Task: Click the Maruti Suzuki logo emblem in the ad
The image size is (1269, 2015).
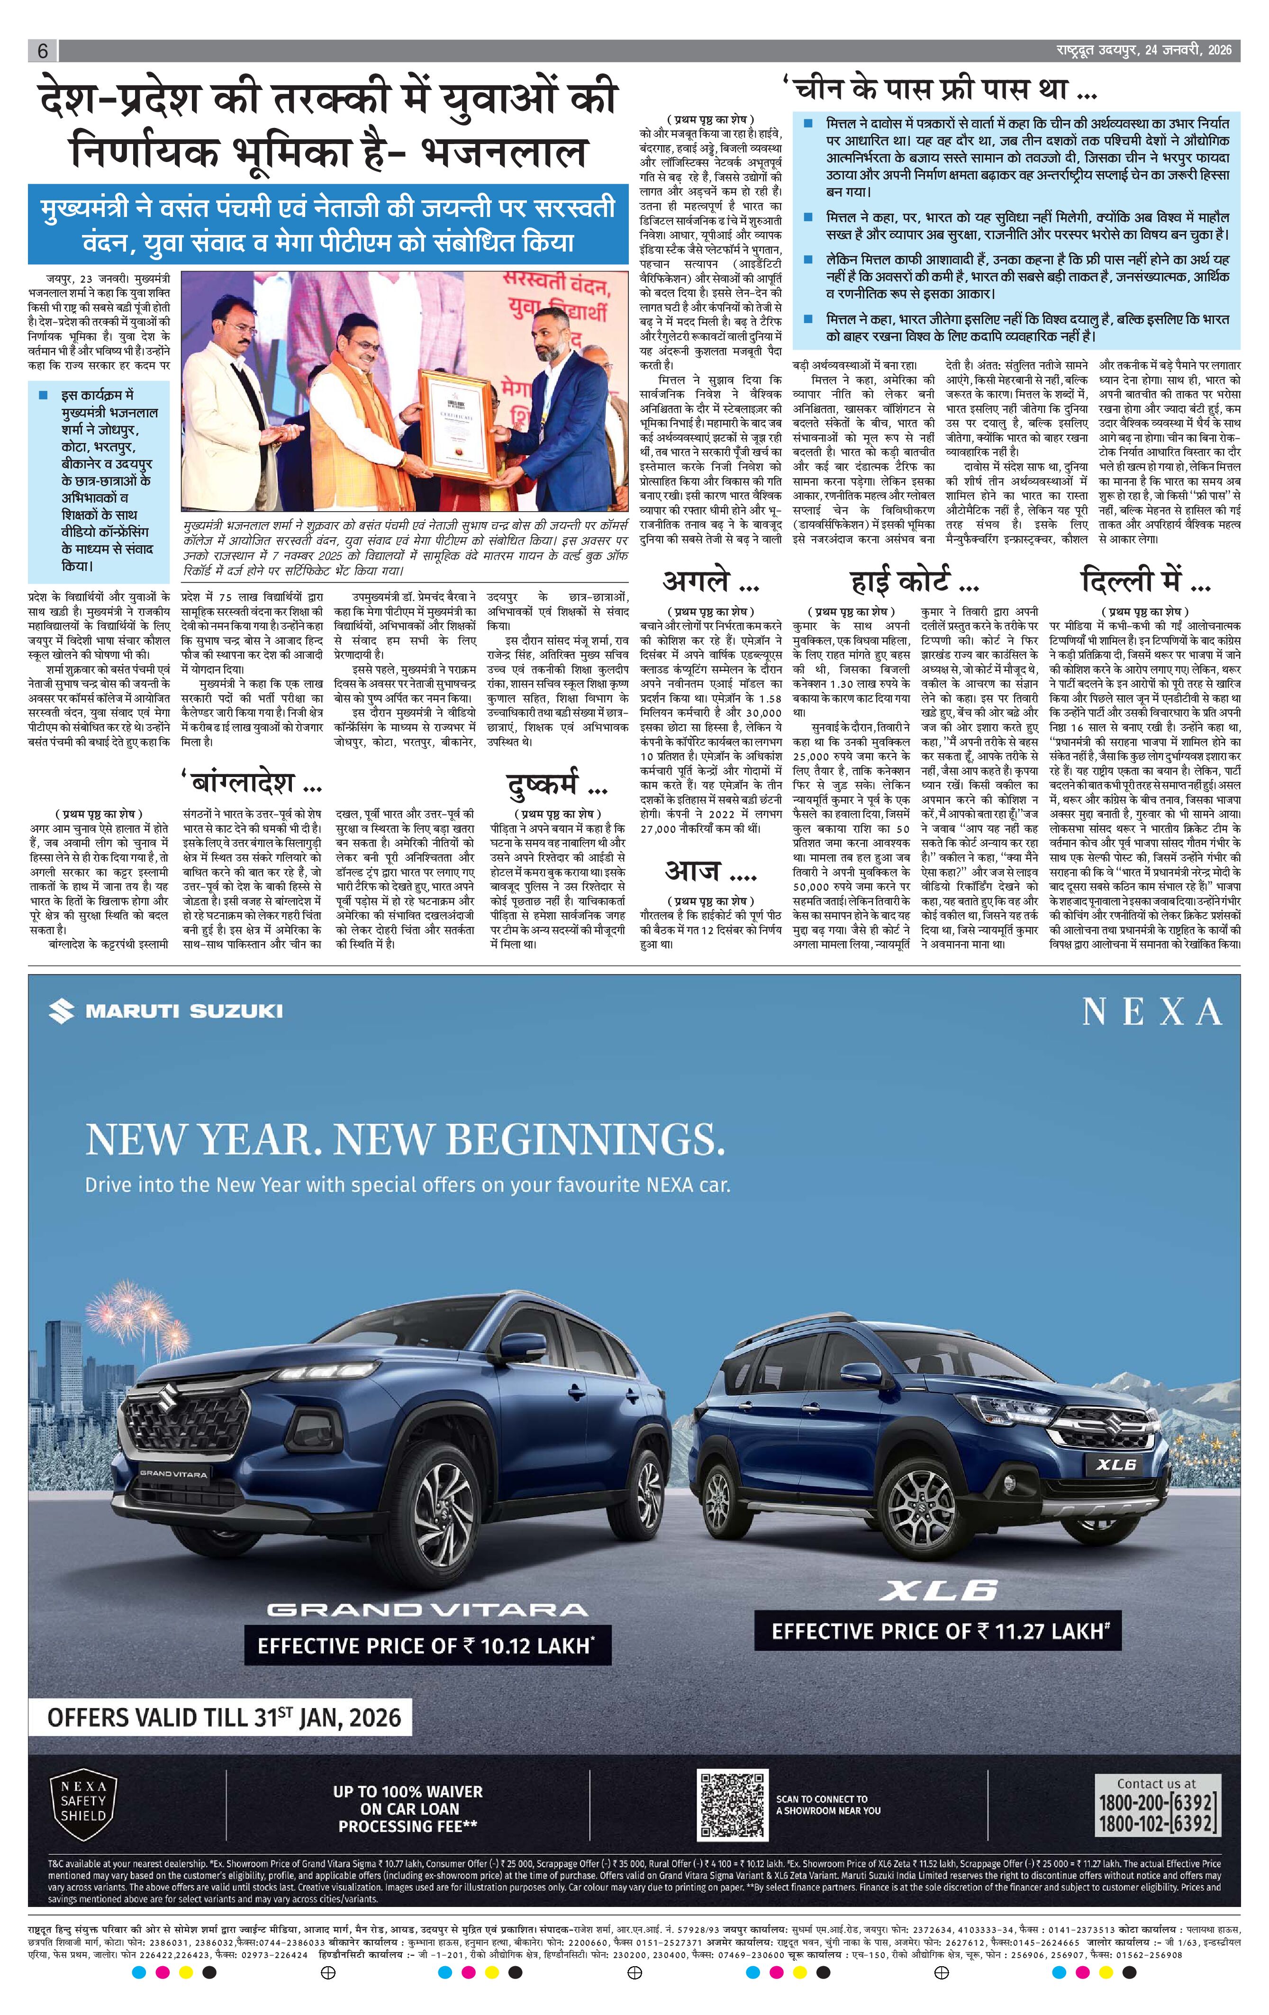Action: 61,1011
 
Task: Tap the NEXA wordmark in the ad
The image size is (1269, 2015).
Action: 1152,1012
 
